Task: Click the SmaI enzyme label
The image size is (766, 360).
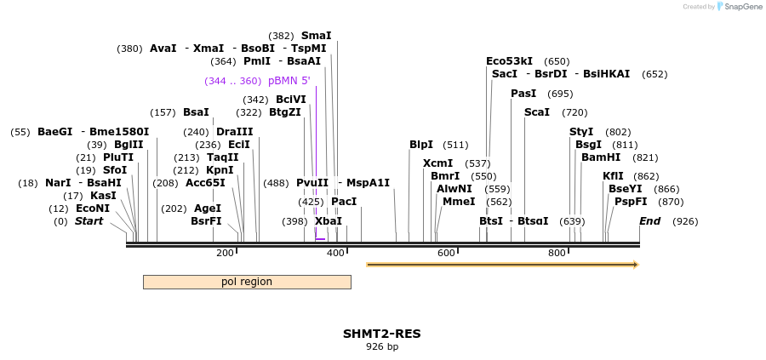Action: (316, 36)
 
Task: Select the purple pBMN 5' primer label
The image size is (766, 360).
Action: (289, 81)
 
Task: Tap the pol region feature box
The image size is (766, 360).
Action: (247, 282)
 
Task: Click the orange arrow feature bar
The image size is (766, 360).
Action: (502, 265)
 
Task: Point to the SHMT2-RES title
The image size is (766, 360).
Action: (382, 334)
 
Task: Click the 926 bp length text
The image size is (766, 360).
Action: (382, 346)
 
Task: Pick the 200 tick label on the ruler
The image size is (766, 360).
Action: (225, 253)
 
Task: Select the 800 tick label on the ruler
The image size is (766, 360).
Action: (557, 253)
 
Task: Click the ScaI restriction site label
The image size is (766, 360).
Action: (537, 112)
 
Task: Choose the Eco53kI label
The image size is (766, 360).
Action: (509, 61)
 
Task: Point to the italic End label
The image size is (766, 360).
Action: (650, 221)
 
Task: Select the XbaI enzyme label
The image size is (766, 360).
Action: (329, 221)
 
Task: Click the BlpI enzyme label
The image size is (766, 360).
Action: (421, 145)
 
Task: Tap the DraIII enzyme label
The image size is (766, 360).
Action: (234, 132)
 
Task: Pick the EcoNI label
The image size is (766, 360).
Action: (93, 209)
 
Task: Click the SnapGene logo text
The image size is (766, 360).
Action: (741, 7)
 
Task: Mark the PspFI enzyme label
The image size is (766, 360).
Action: (631, 202)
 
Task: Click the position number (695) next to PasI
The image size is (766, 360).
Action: (560, 94)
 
